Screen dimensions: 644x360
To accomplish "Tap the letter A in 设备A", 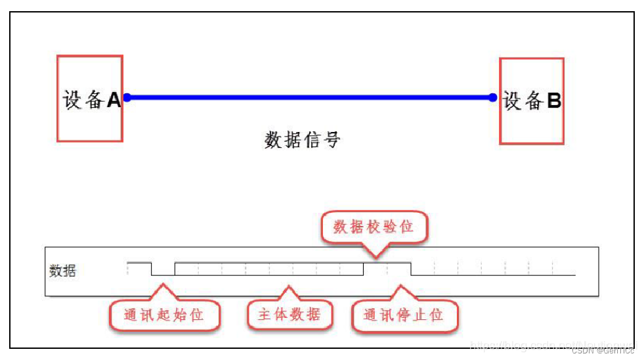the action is tap(114, 100).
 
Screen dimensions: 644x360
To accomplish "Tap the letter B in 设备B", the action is tap(554, 101).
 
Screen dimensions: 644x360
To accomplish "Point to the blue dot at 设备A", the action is tap(127, 98).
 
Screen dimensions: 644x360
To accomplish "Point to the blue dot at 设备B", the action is tap(493, 98).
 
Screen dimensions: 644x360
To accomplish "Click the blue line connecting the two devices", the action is tap(309, 98).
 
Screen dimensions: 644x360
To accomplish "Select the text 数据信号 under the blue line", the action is tap(303, 139).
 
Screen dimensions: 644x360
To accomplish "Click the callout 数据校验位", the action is tap(374, 227).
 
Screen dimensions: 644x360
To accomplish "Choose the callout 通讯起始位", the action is tap(163, 315).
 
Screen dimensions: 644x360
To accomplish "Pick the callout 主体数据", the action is tap(290, 315).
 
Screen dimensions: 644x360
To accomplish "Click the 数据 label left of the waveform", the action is tap(63, 271).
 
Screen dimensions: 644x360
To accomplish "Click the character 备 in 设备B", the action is tap(533, 101).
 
